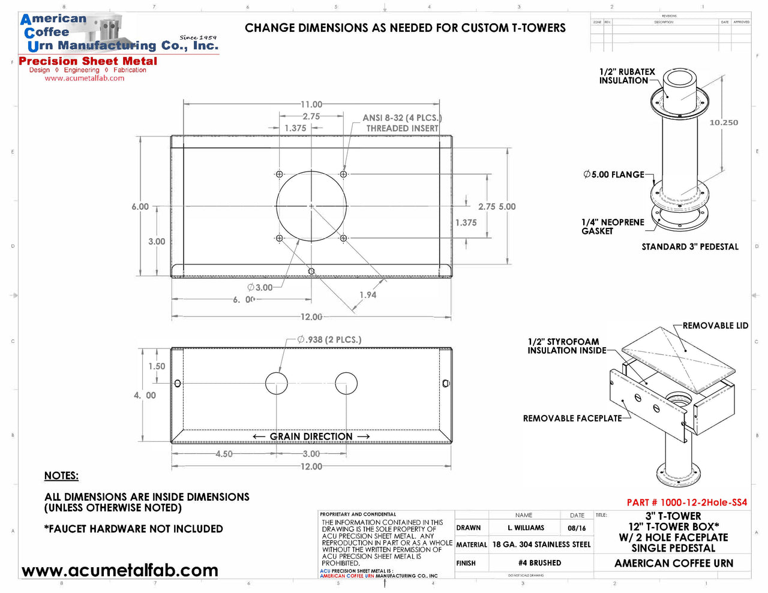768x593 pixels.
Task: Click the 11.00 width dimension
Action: click(311, 104)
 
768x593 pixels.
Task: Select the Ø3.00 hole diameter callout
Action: click(260, 287)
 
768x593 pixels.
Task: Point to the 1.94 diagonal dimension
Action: click(368, 295)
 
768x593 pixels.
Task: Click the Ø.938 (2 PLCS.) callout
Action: click(329, 340)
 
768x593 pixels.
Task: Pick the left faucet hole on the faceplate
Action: click(277, 383)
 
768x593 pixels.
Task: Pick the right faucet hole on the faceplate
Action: click(346, 383)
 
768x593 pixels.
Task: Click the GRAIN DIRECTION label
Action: click(311, 437)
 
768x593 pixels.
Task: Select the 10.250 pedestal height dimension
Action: click(724, 122)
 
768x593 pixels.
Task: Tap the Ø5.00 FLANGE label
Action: click(614, 174)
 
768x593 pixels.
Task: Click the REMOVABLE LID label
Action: click(715, 326)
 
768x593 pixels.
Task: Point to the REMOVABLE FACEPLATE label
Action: click(572, 419)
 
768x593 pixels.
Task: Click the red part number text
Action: click(687, 502)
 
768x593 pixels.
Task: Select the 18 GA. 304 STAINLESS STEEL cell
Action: click(541, 544)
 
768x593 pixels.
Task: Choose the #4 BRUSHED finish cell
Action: click(539, 563)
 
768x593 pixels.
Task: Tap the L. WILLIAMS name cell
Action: click(526, 528)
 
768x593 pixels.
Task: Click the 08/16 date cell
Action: click(577, 528)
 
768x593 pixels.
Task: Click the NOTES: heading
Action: click(61, 476)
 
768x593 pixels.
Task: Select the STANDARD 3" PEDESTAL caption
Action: click(690, 247)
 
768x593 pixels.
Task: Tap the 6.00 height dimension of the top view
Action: click(140, 207)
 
